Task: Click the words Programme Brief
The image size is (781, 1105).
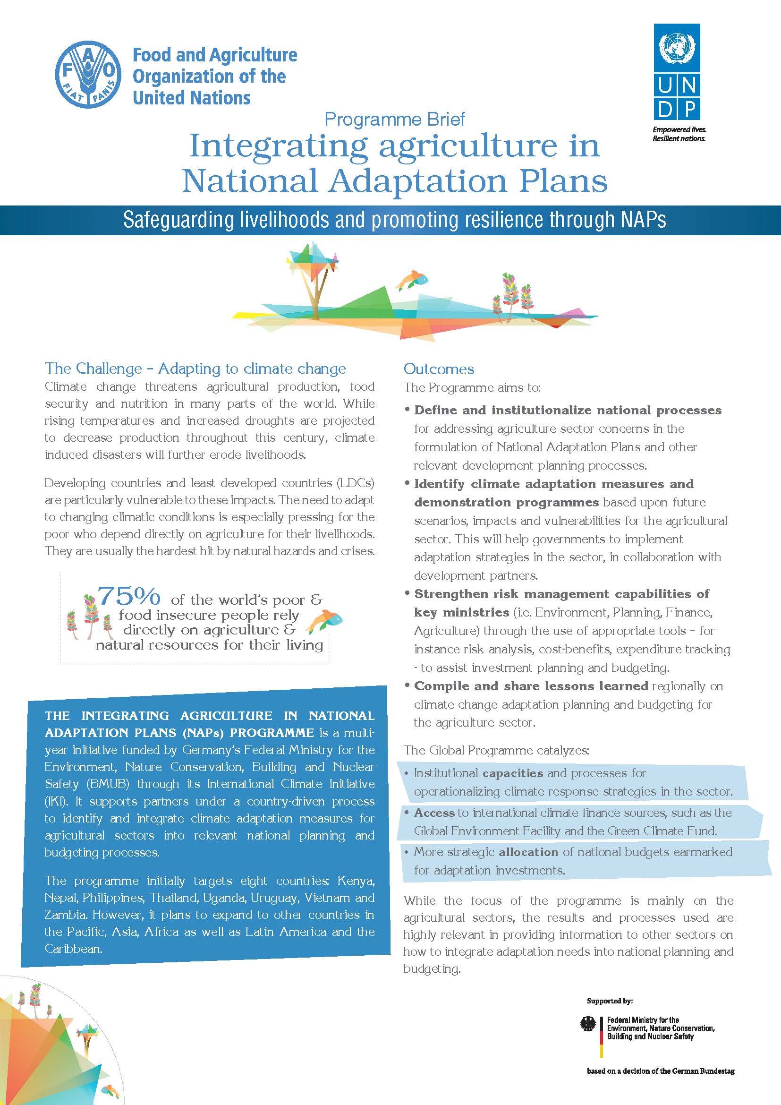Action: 394,119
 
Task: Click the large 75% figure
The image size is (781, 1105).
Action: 129,597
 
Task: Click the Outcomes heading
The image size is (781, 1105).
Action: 439,369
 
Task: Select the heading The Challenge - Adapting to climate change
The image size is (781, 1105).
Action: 195,368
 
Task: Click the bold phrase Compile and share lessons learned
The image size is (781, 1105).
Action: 531,686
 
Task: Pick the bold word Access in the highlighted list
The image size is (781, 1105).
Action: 434,813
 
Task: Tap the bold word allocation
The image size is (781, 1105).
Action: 528,852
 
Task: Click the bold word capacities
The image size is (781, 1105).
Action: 513,773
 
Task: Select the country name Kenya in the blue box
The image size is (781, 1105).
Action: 356,881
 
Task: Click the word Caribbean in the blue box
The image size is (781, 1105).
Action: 74,949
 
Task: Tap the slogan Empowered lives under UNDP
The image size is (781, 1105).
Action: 679,130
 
